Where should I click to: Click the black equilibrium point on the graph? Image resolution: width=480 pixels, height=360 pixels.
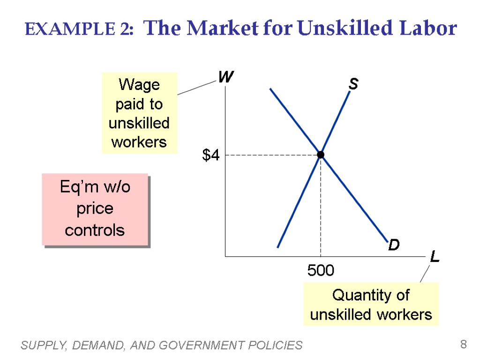pos(321,155)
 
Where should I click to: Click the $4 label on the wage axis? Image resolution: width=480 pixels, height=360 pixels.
pos(210,156)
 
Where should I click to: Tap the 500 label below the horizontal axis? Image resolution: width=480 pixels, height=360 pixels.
pos(321,270)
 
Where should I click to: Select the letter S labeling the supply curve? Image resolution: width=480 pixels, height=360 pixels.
pos(353,84)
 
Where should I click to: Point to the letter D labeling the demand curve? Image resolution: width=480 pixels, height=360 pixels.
pos(394,245)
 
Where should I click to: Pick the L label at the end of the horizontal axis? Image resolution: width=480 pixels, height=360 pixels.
pos(435,257)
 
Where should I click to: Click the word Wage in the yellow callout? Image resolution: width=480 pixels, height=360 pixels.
pos(139,85)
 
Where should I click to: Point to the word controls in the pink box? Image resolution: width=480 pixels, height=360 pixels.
pos(95,230)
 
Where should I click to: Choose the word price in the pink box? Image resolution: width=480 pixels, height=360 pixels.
pos(95,209)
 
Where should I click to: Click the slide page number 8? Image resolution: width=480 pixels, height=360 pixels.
pos(463,345)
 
